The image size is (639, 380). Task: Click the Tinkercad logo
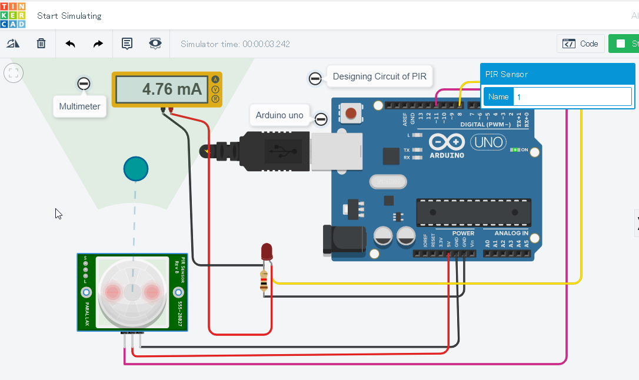[13, 15]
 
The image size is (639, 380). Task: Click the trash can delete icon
[41, 44]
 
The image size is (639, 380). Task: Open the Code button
[581, 44]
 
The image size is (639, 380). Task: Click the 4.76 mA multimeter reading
[172, 89]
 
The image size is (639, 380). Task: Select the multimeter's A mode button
[215, 79]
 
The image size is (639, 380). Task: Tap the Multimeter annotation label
[80, 107]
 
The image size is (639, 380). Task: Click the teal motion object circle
[136, 169]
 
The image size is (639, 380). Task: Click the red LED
[267, 252]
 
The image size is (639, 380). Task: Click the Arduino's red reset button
[351, 113]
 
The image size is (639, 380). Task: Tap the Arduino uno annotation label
[279, 115]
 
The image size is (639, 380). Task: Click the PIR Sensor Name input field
[572, 96]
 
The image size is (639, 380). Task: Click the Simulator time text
[235, 44]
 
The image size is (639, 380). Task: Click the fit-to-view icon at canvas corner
[14, 73]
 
